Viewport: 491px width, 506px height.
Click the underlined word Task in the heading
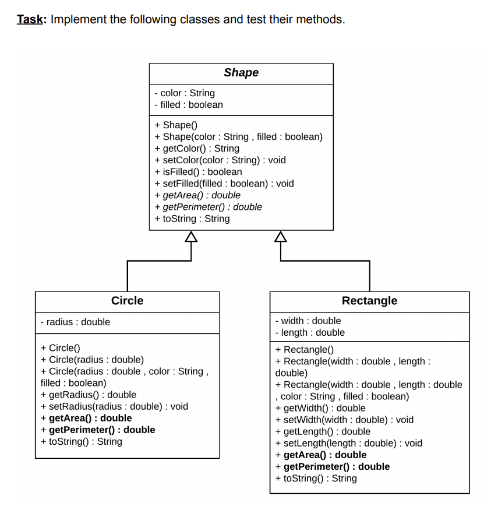click(30, 19)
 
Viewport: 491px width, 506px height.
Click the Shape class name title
click(241, 73)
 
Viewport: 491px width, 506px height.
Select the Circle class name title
click(127, 301)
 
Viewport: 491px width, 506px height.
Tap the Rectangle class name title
click(369, 301)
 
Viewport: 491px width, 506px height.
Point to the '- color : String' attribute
click(185, 93)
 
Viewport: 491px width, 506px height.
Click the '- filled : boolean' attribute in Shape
click(189, 105)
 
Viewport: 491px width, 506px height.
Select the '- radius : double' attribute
click(75, 322)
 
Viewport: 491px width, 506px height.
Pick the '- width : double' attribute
click(308, 321)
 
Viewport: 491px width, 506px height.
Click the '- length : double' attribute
click(310, 333)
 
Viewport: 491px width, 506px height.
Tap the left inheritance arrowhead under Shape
click(191, 236)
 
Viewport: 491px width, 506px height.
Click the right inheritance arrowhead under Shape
click(281, 236)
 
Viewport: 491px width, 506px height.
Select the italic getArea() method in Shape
click(197, 195)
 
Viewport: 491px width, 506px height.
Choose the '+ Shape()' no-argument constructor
click(176, 125)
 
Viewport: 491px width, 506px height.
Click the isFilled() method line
click(198, 172)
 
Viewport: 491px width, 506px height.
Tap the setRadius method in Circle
click(114, 407)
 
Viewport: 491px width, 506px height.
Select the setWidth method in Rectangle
click(344, 420)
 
